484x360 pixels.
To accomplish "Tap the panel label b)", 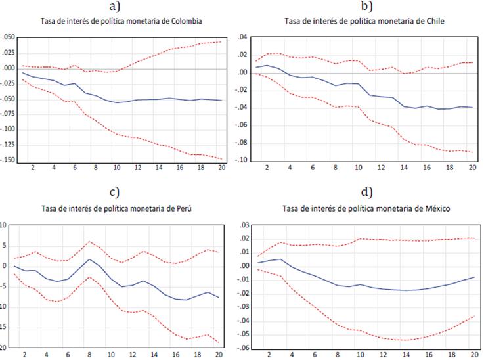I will (x=366, y=7).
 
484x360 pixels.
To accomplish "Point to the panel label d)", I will (x=366, y=192).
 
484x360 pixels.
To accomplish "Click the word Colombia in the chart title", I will (x=186, y=22).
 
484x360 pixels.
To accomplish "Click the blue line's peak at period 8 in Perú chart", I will (x=91, y=259).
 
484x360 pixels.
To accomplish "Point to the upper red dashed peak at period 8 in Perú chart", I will (x=91, y=241).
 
